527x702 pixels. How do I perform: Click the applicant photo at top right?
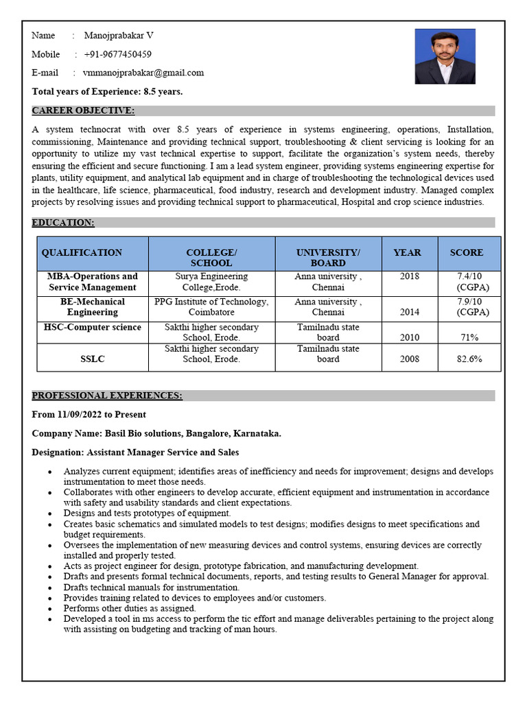445,56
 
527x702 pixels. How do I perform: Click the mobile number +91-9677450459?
117,54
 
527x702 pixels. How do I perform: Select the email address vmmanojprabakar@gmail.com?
143,73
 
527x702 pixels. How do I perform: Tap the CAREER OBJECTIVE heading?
83,111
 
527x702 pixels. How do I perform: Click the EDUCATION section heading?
63,223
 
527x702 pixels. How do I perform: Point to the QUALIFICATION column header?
82,252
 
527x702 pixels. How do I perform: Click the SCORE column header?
466,252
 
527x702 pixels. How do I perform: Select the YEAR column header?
407,252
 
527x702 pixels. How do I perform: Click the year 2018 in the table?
409,276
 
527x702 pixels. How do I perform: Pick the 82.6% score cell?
469,359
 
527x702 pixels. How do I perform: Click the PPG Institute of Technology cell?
211,306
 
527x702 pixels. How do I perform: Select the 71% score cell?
469,337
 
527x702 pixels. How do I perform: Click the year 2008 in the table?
409,359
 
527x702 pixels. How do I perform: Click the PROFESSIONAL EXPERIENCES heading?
107,396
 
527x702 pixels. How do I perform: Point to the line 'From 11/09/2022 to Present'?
89,415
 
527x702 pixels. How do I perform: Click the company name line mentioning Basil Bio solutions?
156,433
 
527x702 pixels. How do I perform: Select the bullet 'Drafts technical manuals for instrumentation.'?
152,587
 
